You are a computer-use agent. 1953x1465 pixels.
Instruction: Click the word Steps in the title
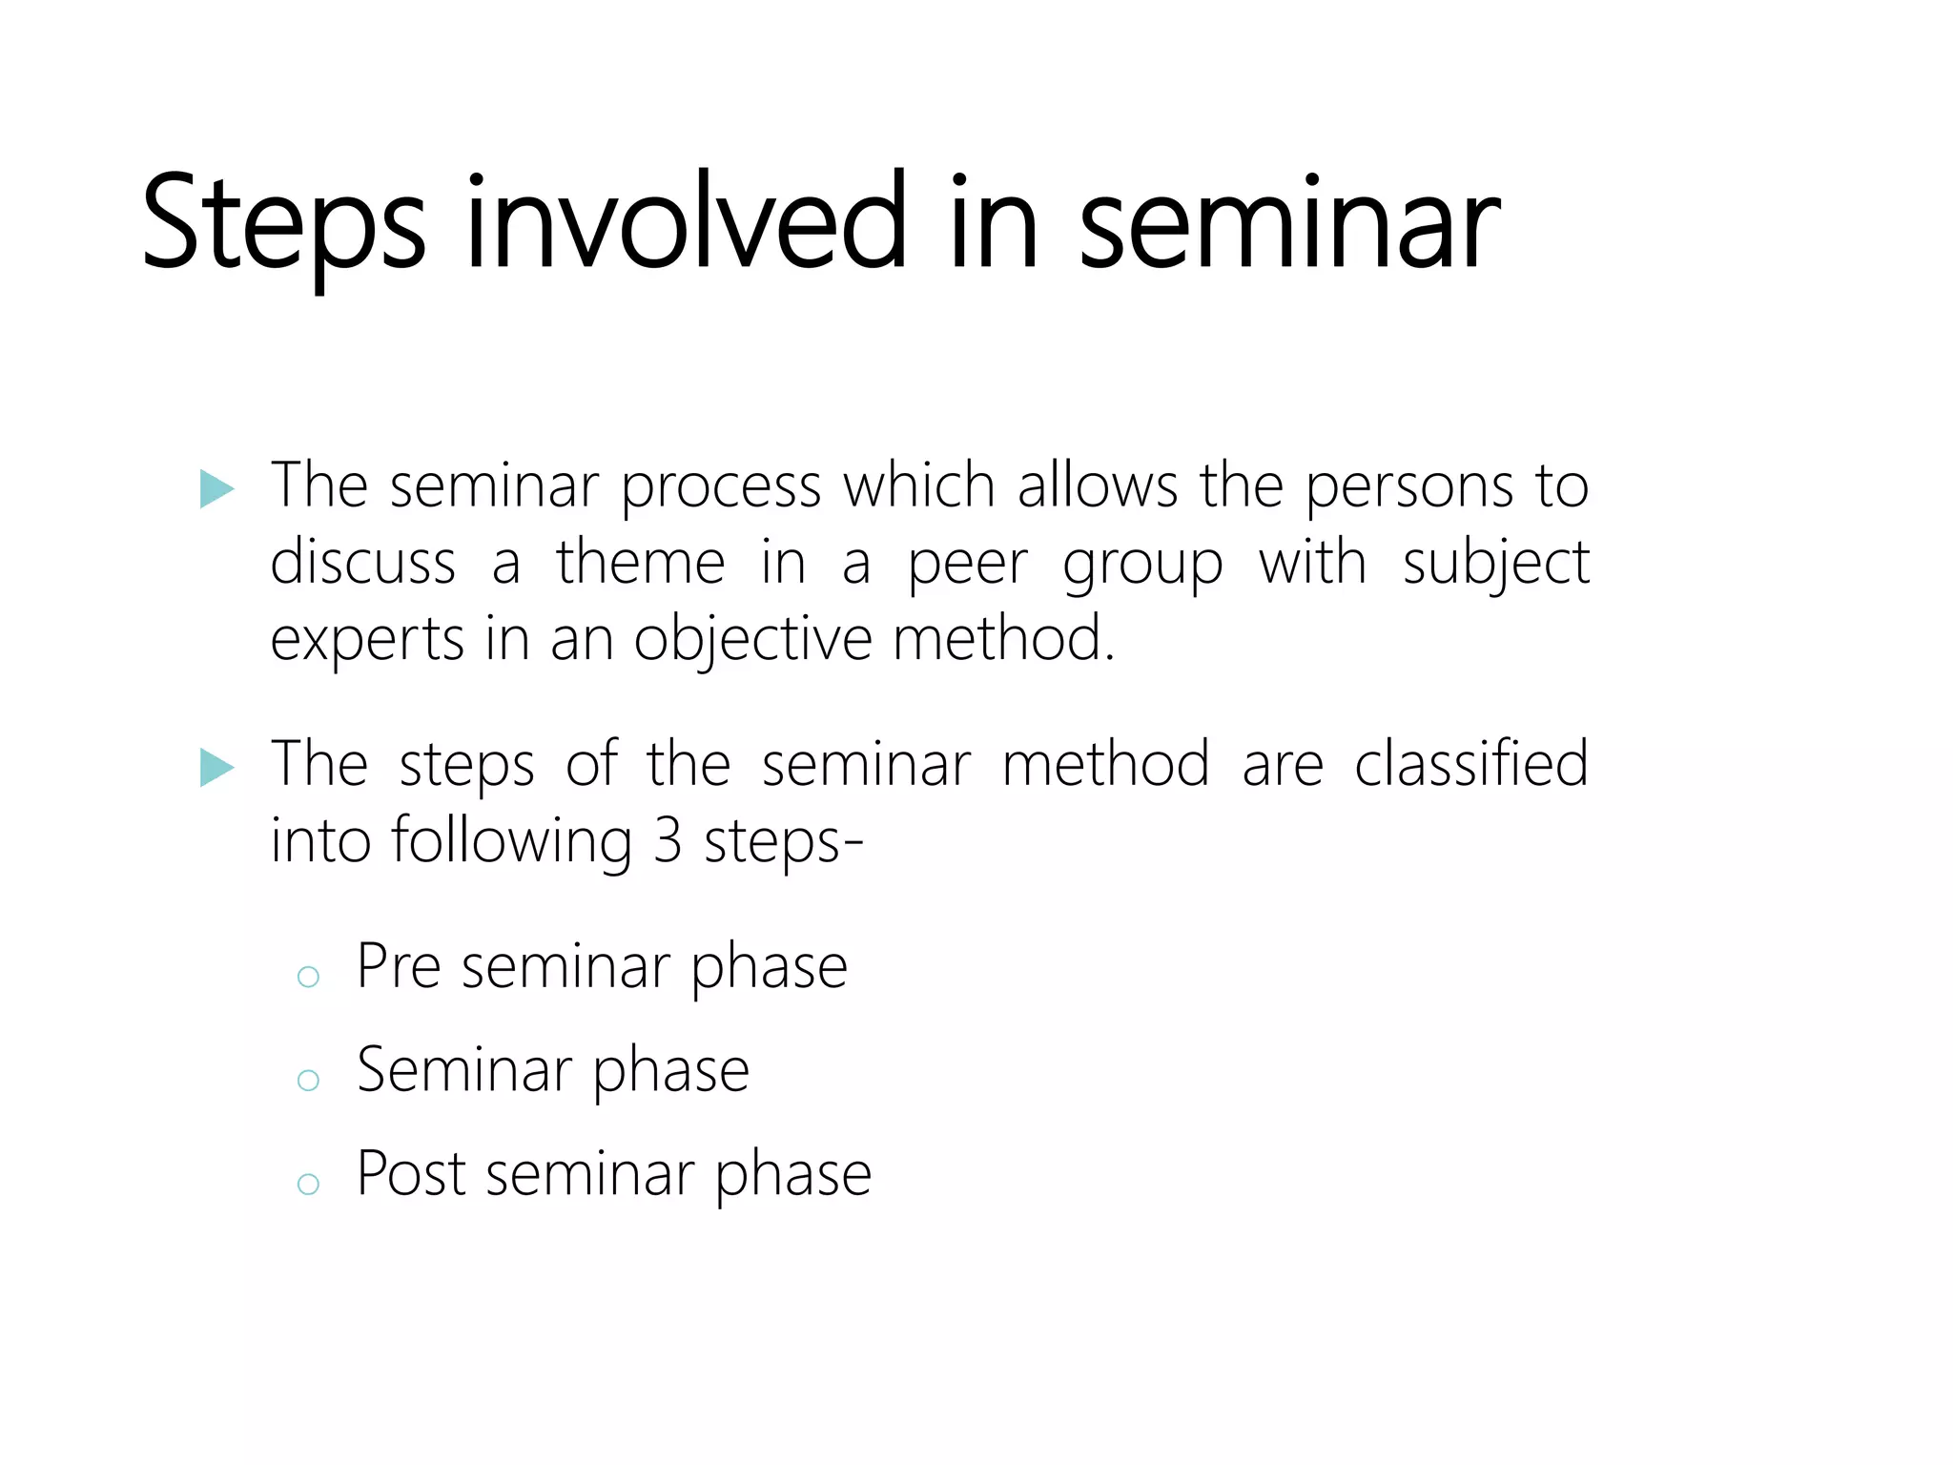click(x=282, y=224)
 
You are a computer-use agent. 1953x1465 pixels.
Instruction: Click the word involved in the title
click(x=686, y=224)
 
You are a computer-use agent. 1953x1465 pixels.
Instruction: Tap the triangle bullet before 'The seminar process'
click(x=216, y=489)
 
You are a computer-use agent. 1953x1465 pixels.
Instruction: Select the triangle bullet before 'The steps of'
click(x=216, y=767)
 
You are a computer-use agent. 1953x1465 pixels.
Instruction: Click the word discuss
click(x=362, y=563)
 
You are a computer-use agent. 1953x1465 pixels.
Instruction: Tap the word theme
click(x=641, y=563)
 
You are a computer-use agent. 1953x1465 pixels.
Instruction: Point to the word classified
click(x=1470, y=765)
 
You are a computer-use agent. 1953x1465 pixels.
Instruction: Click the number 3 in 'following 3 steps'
click(x=668, y=842)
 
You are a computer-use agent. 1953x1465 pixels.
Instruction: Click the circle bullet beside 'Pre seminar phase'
click(x=308, y=976)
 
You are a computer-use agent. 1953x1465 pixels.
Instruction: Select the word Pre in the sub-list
click(x=398, y=966)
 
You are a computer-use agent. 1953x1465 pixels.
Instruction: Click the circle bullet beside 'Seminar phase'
click(x=308, y=1080)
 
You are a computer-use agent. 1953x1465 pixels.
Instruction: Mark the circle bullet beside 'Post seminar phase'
click(x=308, y=1184)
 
